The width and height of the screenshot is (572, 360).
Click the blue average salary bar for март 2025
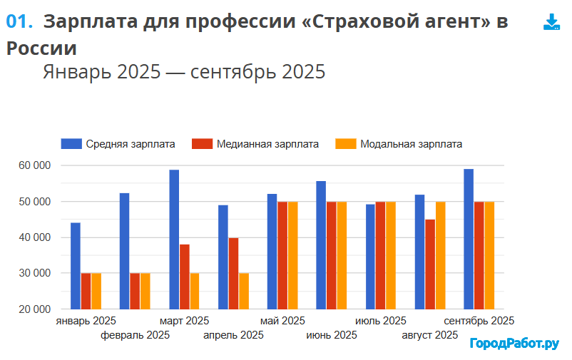click(174, 239)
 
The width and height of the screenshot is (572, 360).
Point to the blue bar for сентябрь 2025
click(469, 239)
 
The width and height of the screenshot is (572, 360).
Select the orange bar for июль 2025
click(390, 255)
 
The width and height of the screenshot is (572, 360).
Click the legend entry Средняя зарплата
click(118, 143)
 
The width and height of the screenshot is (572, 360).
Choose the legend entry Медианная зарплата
click(255, 143)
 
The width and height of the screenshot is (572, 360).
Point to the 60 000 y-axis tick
click(34, 165)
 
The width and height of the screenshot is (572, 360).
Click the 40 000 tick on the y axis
click(34, 237)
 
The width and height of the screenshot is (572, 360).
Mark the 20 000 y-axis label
click(34, 309)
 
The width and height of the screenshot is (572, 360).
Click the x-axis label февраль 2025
click(136, 335)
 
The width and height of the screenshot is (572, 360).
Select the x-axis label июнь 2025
click(332, 335)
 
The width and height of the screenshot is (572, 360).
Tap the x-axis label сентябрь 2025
click(479, 321)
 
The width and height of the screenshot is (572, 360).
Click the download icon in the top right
click(551, 22)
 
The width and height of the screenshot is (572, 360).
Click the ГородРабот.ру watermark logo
click(514, 344)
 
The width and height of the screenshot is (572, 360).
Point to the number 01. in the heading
click(19, 21)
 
